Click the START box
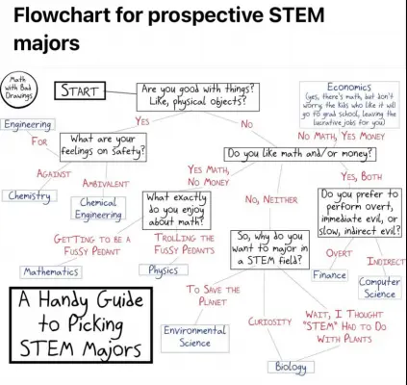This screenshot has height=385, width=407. click(x=80, y=90)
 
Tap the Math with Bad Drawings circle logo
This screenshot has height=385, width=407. click(x=19, y=88)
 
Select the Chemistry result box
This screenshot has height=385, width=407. click(x=30, y=195)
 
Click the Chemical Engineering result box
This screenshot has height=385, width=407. click(x=98, y=208)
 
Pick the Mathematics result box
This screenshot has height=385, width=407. click(x=51, y=271)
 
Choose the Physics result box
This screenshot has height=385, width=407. click(x=164, y=269)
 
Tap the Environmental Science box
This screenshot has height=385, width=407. click(x=195, y=337)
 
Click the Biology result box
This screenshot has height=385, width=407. click(x=291, y=367)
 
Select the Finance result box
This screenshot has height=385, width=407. click(x=330, y=275)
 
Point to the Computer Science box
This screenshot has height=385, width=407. click(x=379, y=288)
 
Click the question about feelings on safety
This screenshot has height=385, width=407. click(x=103, y=147)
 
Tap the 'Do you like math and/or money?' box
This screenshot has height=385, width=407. click(x=300, y=154)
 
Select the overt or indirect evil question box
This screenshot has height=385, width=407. click(x=360, y=213)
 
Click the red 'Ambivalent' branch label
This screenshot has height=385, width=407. click(x=106, y=184)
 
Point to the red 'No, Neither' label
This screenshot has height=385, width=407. click(x=271, y=199)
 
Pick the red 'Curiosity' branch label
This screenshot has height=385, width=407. click(x=269, y=321)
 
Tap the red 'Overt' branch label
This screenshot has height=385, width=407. click(x=339, y=253)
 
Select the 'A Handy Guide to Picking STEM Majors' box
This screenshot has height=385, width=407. click(x=81, y=325)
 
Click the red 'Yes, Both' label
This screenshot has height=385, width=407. click(x=362, y=176)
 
